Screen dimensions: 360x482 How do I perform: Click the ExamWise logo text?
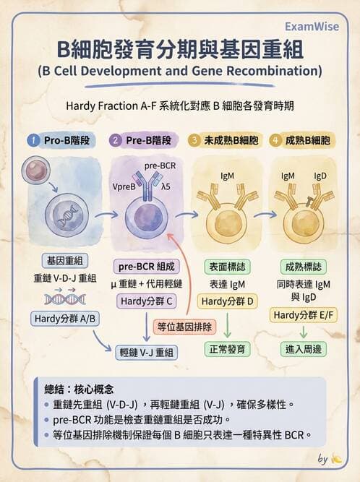coord(312,27)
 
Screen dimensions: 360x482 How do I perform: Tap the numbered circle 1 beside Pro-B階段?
coord(33,140)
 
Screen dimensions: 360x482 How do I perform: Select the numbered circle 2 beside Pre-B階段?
coord(115,140)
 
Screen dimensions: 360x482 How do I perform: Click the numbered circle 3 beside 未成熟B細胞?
coord(194,140)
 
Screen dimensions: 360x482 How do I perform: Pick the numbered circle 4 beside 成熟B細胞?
coord(275,140)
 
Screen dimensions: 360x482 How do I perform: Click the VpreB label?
coord(124,187)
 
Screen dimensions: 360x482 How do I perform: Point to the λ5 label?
coord(166,186)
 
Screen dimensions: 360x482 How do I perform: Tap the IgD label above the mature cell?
coord(320,176)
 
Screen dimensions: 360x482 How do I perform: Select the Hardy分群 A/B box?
coord(65,319)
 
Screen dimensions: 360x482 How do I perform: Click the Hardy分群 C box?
coord(146,301)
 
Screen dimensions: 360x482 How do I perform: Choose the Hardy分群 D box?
coord(227,301)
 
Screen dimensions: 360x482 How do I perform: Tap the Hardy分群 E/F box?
coord(304,315)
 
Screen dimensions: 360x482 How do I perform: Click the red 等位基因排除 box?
coord(184,327)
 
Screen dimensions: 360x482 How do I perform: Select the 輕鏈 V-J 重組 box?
coord(146,352)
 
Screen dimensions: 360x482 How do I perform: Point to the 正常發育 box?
coord(228,349)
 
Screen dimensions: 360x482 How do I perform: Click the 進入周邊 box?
coord(304,349)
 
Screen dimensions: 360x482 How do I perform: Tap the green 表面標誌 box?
coord(228,267)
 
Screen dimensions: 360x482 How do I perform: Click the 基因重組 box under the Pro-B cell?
coord(65,261)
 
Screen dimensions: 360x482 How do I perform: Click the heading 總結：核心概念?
coord(79,390)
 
